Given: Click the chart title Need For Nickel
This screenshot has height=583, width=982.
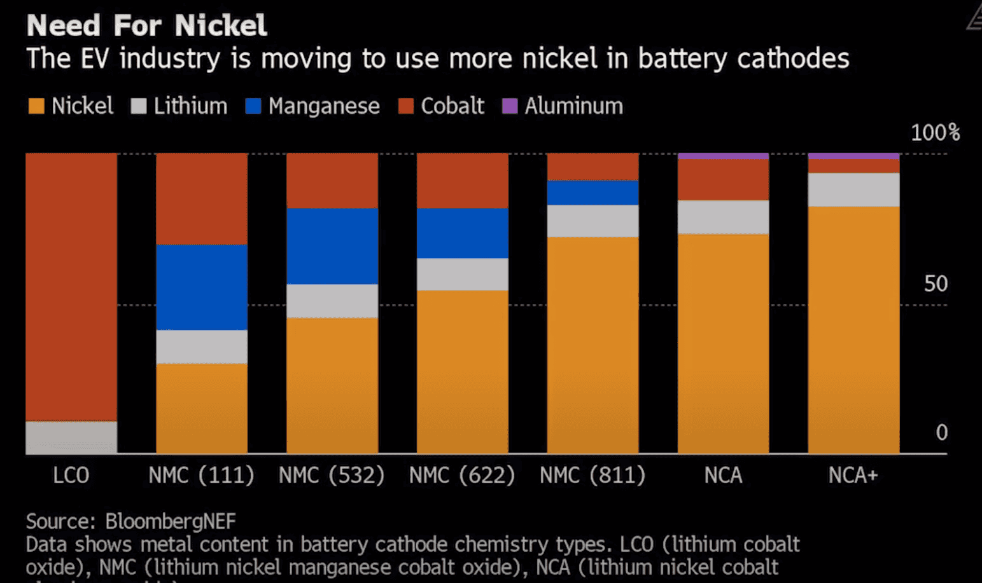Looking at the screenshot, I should pos(146,25).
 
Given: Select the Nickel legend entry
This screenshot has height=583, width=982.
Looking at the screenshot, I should pos(71,106).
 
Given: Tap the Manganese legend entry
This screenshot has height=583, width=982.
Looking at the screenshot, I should pos(312,106).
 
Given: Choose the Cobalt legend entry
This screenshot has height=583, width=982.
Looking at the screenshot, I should pos(441,106).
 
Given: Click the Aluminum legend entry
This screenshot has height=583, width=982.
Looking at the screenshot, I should pos(563,106).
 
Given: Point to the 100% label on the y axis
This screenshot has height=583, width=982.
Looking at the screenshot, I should pos(934,133).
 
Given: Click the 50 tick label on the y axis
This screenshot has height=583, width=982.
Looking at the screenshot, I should pos(936,284).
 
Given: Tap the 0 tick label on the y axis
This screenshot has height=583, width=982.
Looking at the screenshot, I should pos(941,433).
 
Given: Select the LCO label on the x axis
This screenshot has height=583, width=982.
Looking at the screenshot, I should pos(71,476).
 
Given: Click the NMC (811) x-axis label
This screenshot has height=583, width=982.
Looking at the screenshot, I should pos(593,476).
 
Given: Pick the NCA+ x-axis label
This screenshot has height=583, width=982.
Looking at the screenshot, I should pos(853,476).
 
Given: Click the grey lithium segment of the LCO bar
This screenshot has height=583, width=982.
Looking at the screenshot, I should pos(71,437).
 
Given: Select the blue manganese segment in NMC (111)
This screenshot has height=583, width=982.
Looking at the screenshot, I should pos(202,287).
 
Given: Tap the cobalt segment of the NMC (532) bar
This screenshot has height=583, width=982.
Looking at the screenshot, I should pos(332,181).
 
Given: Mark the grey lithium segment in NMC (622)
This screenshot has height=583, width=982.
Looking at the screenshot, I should pos(463,274).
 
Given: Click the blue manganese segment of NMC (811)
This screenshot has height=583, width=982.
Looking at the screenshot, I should pos(593,193).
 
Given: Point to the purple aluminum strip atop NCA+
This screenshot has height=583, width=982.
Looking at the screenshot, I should pos(853,156).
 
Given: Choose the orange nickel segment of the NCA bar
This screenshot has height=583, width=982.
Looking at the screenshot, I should pos(723,343).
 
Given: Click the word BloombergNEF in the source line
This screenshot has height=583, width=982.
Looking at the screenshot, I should pos(171,521).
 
